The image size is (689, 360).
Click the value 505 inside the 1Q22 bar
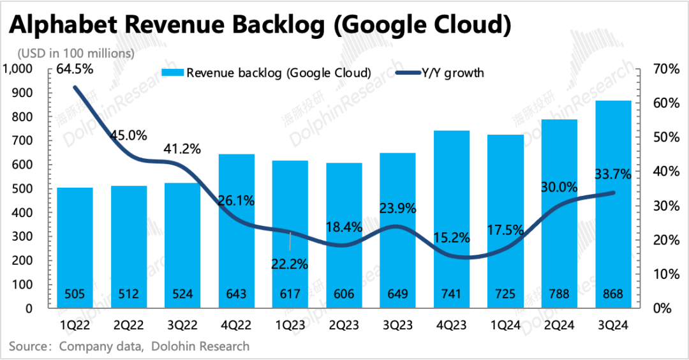click(x=75, y=296)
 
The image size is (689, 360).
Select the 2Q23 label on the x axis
click(x=344, y=326)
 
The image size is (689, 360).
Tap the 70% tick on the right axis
click(x=661, y=70)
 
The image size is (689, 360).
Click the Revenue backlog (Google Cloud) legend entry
click(x=269, y=73)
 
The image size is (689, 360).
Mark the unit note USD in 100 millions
click(x=76, y=53)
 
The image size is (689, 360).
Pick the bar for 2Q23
click(x=344, y=236)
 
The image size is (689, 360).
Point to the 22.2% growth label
click(x=291, y=263)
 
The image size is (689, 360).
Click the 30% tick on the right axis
click(x=661, y=206)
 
